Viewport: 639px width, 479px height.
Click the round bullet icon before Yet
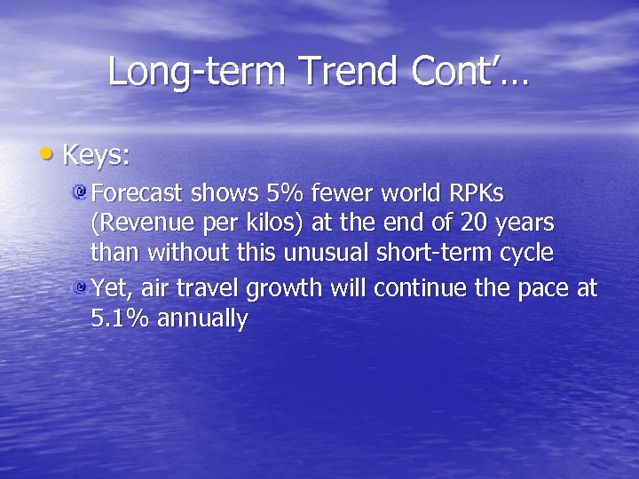(80, 288)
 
